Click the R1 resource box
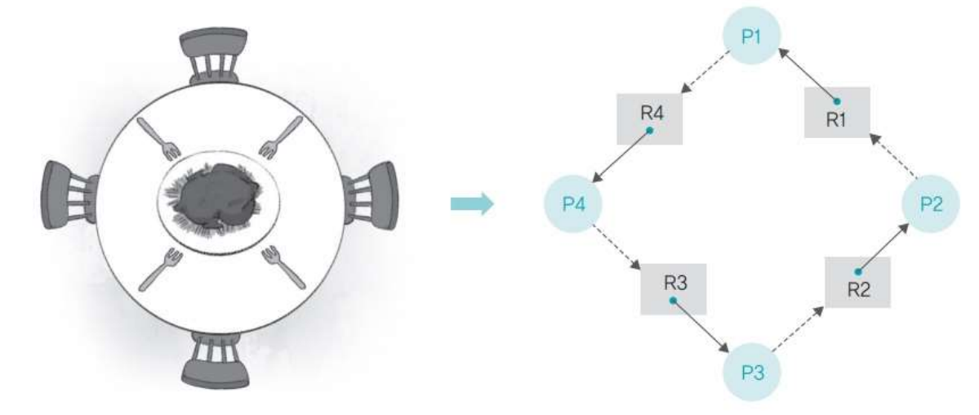[835, 112]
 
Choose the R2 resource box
[857, 282]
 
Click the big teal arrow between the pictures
[473, 203]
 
